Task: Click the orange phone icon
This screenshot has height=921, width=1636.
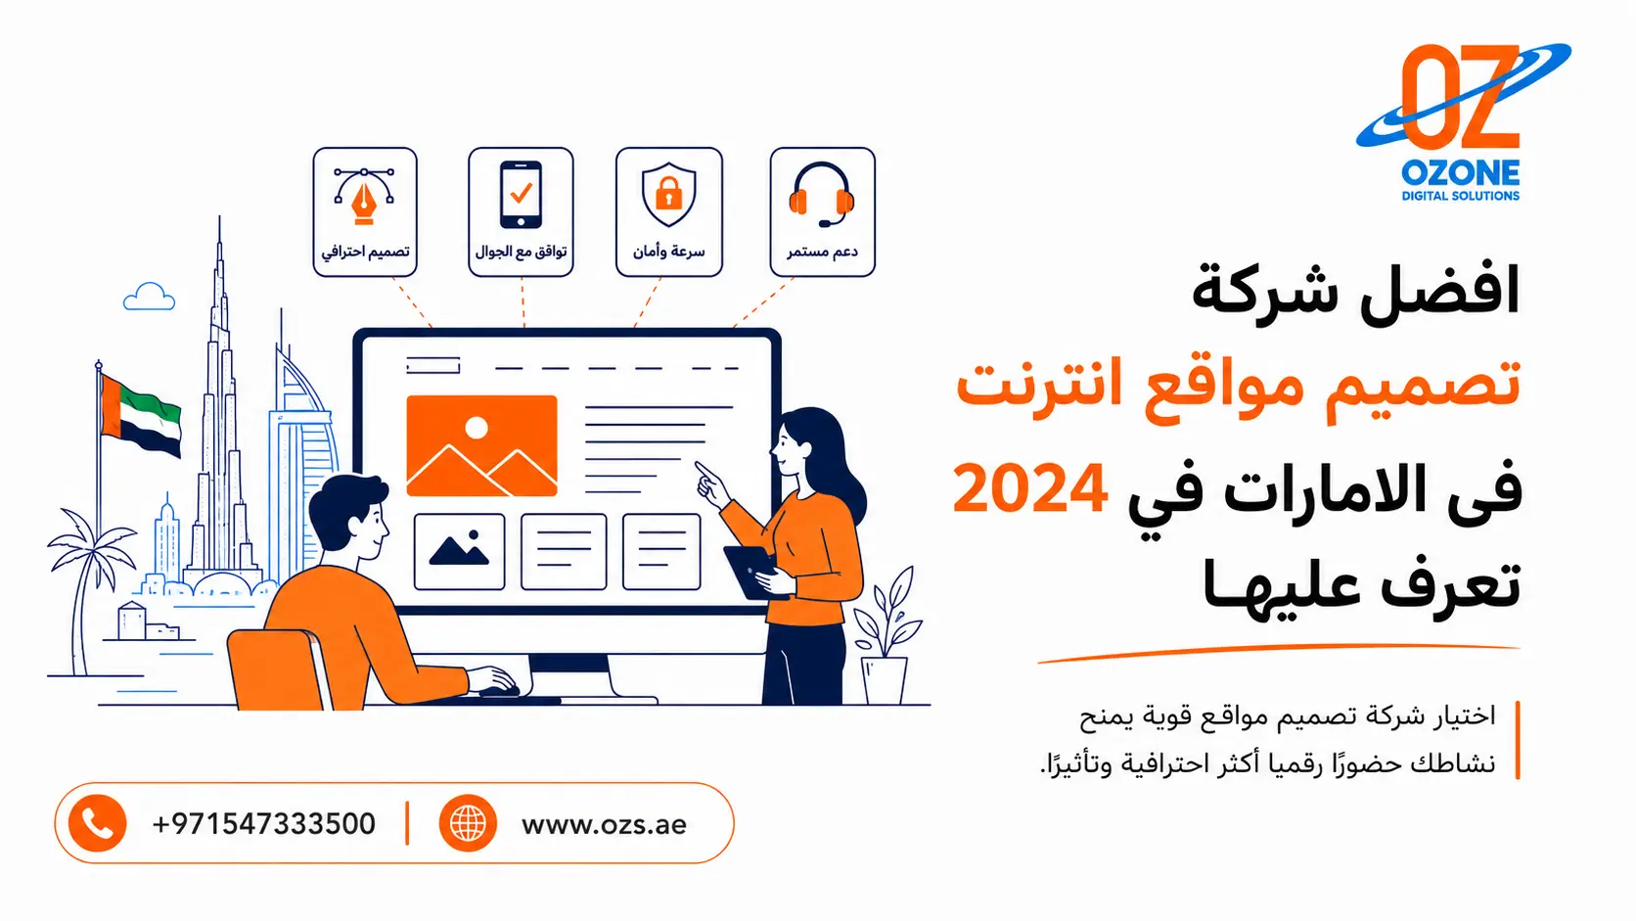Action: [x=97, y=823]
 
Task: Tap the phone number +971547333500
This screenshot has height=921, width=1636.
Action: [x=263, y=824]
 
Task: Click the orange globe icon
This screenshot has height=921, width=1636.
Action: [x=468, y=823]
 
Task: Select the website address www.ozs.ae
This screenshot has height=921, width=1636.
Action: [x=604, y=825]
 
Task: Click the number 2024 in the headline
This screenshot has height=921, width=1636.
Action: [x=1030, y=489]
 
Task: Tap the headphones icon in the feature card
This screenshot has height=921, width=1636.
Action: [x=822, y=194]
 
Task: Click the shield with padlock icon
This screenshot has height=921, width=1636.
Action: [x=669, y=194]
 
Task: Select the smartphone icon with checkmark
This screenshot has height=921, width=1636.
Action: [x=521, y=194]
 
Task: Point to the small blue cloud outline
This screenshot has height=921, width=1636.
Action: [x=149, y=297]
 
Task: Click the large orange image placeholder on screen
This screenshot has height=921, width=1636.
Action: [x=482, y=445]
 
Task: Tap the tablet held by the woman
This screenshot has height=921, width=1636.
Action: [x=750, y=573]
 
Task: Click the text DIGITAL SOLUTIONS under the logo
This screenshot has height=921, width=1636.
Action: [x=1461, y=196]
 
